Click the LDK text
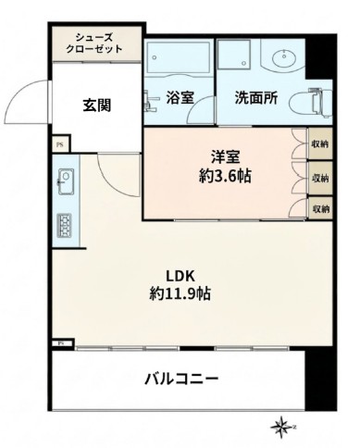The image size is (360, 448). [180, 276]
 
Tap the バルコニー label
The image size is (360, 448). [181, 380]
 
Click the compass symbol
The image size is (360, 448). [280, 427]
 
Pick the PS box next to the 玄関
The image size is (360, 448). [59, 144]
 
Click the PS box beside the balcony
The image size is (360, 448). [59, 342]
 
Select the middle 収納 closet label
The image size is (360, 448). [319, 177]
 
